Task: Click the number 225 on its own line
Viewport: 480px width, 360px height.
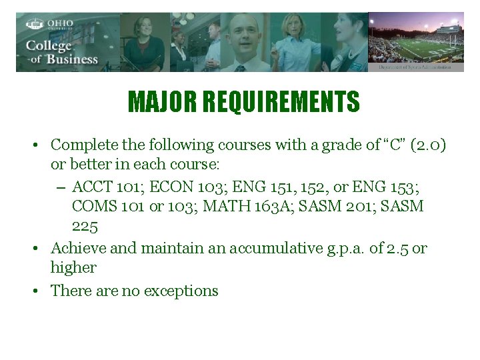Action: coord(85,227)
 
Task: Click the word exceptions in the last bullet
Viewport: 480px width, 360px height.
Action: coord(180,291)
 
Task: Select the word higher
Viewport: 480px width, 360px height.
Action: coord(73,268)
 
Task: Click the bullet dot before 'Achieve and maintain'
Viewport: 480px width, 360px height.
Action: coord(40,249)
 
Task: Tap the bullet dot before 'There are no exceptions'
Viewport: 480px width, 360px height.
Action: coord(40,291)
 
